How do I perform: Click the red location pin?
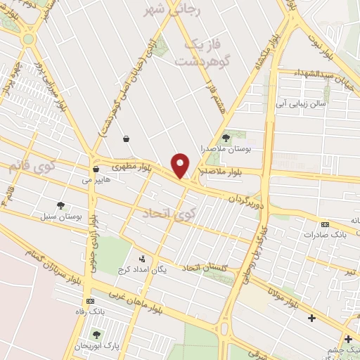(x=181, y=165)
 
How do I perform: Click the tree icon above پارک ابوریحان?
(x=96, y=334)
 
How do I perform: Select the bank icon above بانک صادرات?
(x=324, y=224)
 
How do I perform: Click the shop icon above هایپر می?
(x=96, y=169)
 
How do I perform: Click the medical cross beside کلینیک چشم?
(x=348, y=340)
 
